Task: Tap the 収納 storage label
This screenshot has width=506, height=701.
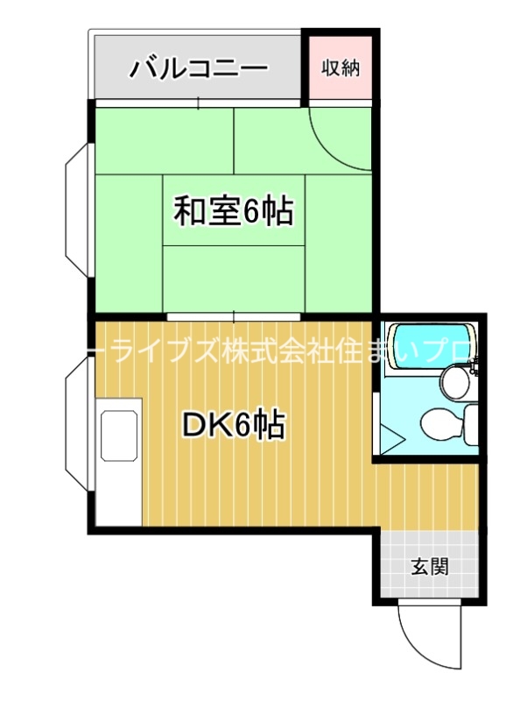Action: pyautogui.click(x=341, y=67)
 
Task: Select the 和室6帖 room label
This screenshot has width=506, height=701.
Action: pyautogui.click(x=233, y=211)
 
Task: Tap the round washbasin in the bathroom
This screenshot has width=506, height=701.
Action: pyautogui.click(x=454, y=381)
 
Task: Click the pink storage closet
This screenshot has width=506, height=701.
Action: pyautogui.click(x=341, y=67)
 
